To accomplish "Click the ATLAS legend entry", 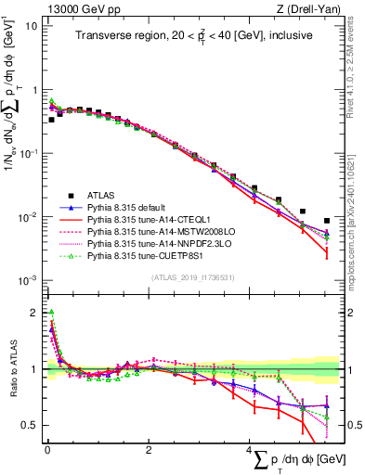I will pos(102,195).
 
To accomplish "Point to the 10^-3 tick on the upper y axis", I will pos(28,280).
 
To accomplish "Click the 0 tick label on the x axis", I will pos(47,449).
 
